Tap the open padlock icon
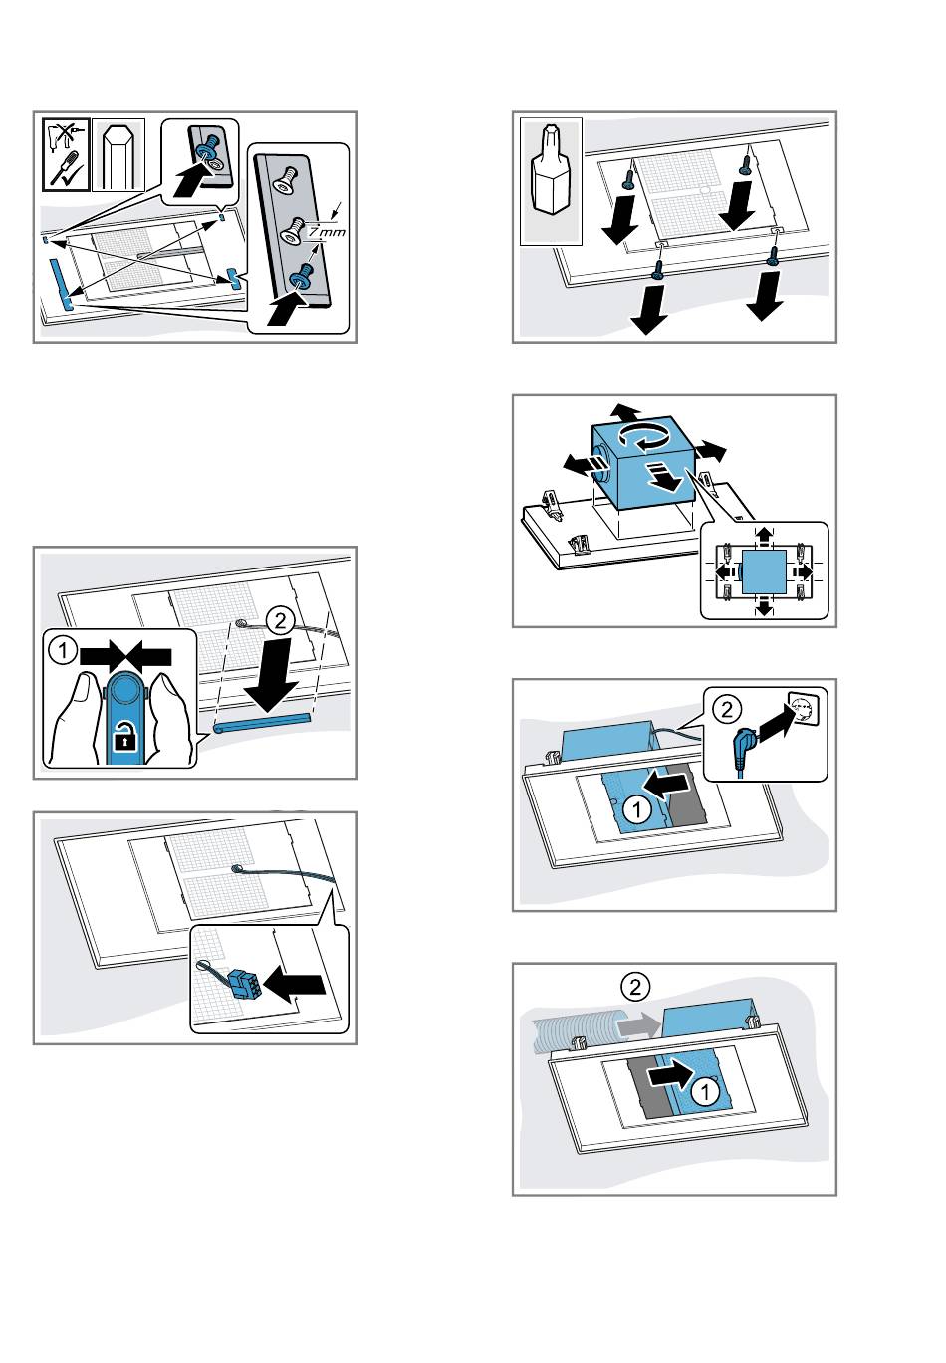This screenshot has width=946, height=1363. tap(123, 737)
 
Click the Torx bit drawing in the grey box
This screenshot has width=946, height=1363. tap(551, 179)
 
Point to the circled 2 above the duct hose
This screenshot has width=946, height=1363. tap(633, 986)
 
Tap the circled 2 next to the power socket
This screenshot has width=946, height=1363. tap(729, 708)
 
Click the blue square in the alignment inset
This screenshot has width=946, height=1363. tap(764, 571)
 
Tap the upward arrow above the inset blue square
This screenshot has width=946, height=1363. tap(764, 536)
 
